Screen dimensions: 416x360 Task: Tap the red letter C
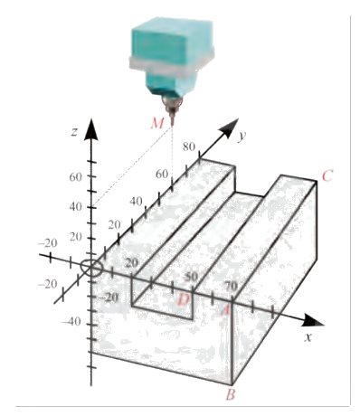click(x=327, y=175)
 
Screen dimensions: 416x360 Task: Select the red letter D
click(x=184, y=298)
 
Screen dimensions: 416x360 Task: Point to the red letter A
click(x=225, y=307)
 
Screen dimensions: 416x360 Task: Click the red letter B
click(x=231, y=394)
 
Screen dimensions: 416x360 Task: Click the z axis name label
click(x=73, y=133)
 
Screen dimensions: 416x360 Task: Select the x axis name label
click(x=308, y=336)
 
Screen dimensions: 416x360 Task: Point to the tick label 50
click(x=190, y=277)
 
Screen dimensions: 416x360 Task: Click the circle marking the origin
click(x=91, y=267)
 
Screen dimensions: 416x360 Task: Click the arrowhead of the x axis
click(x=313, y=321)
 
